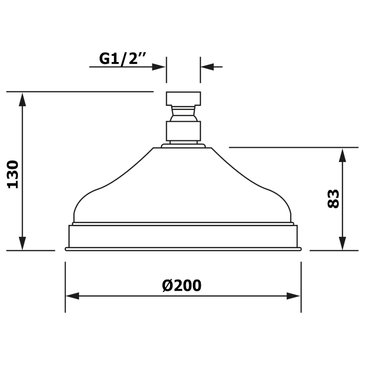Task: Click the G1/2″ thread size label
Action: point(123,58)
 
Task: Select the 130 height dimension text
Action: point(13,174)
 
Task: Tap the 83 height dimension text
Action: point(333,198)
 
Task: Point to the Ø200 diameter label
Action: point(182,286)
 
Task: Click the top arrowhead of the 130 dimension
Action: point(22,99)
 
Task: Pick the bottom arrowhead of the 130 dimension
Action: point(22,243)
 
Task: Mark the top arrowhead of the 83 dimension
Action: point(342,155)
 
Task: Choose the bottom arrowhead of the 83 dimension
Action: point(342,243)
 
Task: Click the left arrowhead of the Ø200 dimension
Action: point(73,296)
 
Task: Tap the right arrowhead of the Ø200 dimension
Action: point(293,296)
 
